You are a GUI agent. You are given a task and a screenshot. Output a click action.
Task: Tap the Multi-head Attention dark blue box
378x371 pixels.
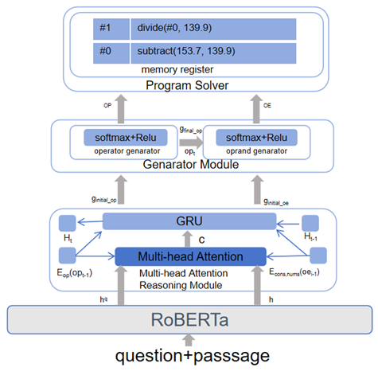[x=189, y=256]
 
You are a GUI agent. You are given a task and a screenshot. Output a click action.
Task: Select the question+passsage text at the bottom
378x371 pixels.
[x=189, y=353]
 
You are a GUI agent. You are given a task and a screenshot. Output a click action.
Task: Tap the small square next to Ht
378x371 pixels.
[x=67, y=222]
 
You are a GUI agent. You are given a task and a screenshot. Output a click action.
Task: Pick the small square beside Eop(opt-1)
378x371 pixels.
[x=67, y=256]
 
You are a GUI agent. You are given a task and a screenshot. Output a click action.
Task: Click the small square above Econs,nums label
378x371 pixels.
[x=319, y=255]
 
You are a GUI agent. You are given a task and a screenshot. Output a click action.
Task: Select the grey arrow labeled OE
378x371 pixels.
[x=255, y=105]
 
